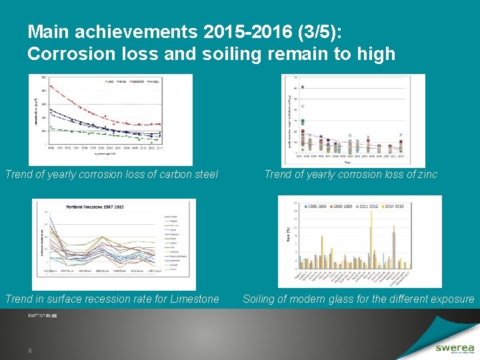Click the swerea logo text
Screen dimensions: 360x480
[455, 347]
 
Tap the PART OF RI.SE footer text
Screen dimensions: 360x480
[42, 315]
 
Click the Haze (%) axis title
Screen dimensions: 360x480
[289, 235]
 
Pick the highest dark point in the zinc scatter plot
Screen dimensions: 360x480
[303, 87]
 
